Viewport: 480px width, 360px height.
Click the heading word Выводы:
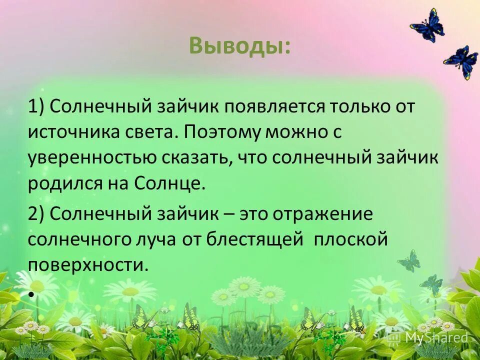(239, 46)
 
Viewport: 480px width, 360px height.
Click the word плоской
(351, 240)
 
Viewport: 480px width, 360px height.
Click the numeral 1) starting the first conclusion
(37, 107)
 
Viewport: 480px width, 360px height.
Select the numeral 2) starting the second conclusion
(37, 214)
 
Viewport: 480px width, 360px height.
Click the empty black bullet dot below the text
(31, 295)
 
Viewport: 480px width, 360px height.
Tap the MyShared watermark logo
(430, 337)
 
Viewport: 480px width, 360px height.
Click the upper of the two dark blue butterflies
(428, 25)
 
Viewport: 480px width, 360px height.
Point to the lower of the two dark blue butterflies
(461, 62)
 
